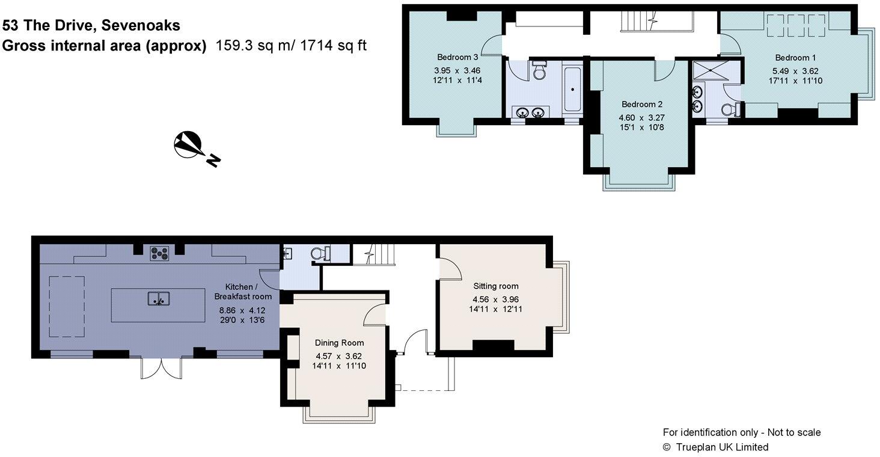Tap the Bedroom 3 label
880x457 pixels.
point(457,57)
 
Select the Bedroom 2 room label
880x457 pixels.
point(642,104)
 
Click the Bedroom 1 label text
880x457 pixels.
point(795,58)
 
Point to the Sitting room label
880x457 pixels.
point(495,286)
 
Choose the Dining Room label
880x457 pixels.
point(339,343)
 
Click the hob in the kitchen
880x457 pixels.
point(159,253)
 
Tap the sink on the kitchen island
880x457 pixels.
point(159,299)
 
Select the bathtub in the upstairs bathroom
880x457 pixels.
point(572,90)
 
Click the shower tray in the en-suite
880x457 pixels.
point(710,71)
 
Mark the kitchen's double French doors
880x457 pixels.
point(161,368)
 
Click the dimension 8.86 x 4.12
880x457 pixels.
point(242,310)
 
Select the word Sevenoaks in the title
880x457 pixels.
point(141,25)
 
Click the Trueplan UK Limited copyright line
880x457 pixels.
point(715,447)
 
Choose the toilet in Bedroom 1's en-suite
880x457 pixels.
point(731,109)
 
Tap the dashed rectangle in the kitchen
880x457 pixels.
point(67,307)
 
